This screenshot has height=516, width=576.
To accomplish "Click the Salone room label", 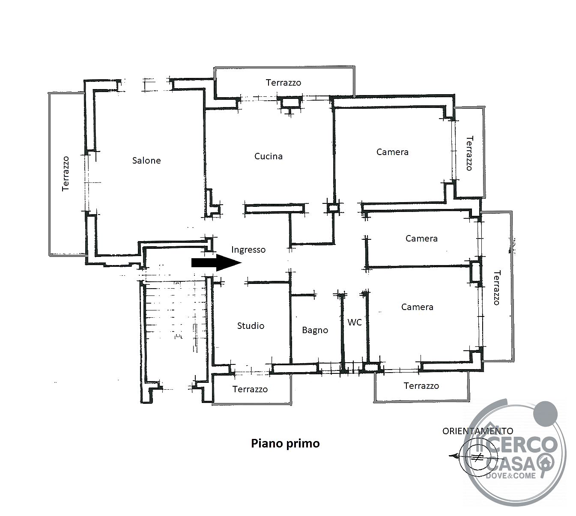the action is click(146, 160).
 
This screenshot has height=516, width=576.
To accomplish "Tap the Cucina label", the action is click(269, 156).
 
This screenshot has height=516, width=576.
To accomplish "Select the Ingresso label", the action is click(248, 250).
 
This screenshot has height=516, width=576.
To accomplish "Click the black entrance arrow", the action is click(216, 262).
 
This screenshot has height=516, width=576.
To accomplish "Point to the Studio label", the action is click(251, 325).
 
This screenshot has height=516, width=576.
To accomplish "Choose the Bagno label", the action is click(315, 330).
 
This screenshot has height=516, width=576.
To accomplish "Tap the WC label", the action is click(355, 322).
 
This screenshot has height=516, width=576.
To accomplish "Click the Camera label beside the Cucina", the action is click(392, 152).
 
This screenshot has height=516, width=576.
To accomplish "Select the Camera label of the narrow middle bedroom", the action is click(421, 238).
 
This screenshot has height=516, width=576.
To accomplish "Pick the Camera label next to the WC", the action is click(417, 307).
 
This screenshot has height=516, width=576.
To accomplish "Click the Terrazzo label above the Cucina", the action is click(284, 83).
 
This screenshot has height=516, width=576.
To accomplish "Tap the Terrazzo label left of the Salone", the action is click(66, 173).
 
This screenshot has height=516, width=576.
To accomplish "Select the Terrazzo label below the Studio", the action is click(250, 389).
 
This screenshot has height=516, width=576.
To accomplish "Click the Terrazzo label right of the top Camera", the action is click(469, 153).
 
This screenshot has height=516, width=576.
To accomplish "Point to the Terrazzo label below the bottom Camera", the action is click(421, 385).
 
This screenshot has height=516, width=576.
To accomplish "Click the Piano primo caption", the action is click(285, 443).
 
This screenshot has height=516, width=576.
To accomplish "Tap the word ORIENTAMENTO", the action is click(478, 431).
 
